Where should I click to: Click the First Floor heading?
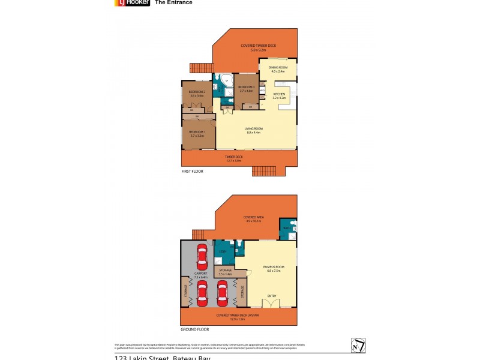point(192,171)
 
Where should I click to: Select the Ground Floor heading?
point(194,329)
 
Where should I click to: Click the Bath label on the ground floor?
point(287,228)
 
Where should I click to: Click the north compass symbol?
point(358,346)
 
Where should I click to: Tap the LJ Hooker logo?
point(131,2)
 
